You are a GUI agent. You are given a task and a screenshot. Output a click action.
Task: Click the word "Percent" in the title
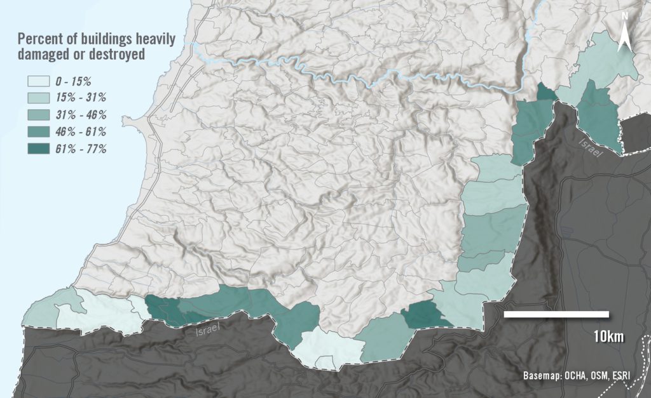click(42, 38)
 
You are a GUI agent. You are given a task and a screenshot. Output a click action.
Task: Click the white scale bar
click(556, 314)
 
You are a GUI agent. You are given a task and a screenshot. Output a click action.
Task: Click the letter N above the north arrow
click(625, 16)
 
